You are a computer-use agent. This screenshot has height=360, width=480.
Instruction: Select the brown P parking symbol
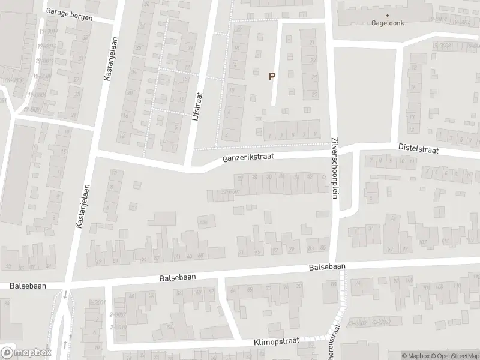tap(272, 76)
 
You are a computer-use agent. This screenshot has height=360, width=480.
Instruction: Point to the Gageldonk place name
tap(387, 24)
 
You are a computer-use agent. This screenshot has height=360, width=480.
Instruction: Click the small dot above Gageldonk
tap(387, 15)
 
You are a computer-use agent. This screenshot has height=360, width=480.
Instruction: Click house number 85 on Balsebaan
tap(323, 248)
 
